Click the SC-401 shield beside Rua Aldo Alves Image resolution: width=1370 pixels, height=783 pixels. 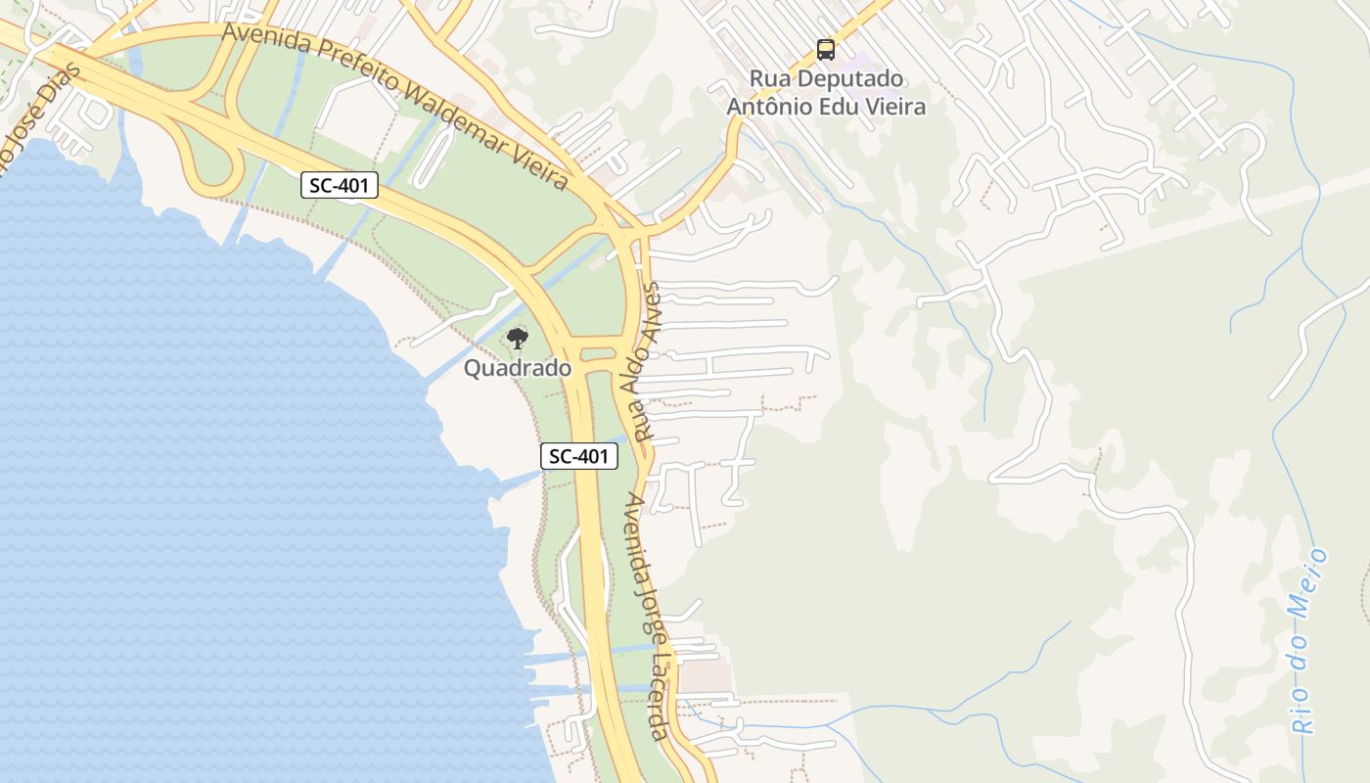click(579, 455)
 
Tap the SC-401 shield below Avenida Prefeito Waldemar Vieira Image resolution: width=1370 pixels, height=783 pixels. click(339, 185)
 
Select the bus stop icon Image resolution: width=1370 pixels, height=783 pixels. click(826, 49)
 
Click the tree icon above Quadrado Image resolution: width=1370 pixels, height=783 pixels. click(517, 340)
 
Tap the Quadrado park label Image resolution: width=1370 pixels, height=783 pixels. click(517, 369)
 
